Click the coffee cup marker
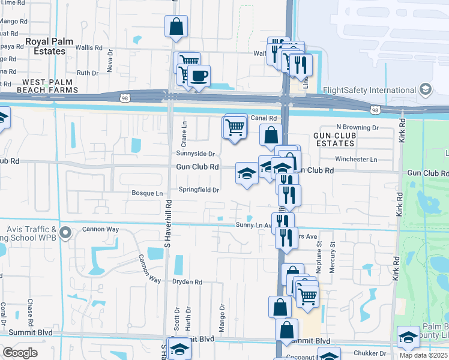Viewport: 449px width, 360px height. pyautogui.click(x=199, y=76)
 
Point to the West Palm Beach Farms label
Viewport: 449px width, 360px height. pyautogui.click(x=50, y=85)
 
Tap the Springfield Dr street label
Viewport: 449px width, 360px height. pyautogui.click(x=198, y=190)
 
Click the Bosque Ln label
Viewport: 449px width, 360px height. pyautogui.click(x=147, y=193)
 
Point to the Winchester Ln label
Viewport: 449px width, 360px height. pyautogui.click(x=356, y=160)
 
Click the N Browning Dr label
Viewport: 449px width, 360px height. pyautogui.click(x=357, y=127)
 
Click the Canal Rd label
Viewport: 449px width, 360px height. pyautogui.click(x=264, y=118)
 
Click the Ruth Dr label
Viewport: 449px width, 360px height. pyautogui.click(x=88, y=73)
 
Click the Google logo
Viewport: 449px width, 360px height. pyautogui.click(x=20, y=353)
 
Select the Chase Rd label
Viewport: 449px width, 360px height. pyautogui.click(x=29, y=311)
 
